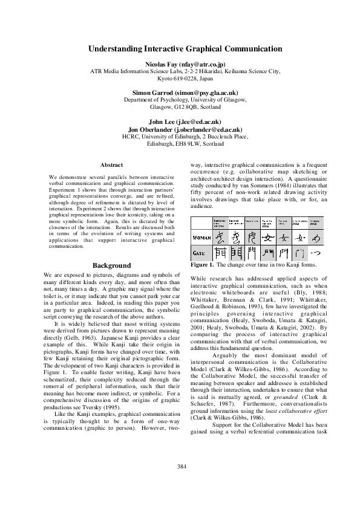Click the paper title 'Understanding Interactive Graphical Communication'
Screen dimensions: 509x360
[185, 48]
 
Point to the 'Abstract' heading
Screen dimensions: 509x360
[111, 165]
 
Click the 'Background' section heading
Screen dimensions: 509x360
[111, 265]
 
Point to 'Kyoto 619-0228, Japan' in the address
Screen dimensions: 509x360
[185, 78]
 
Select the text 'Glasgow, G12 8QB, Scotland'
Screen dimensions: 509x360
[185, 107]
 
